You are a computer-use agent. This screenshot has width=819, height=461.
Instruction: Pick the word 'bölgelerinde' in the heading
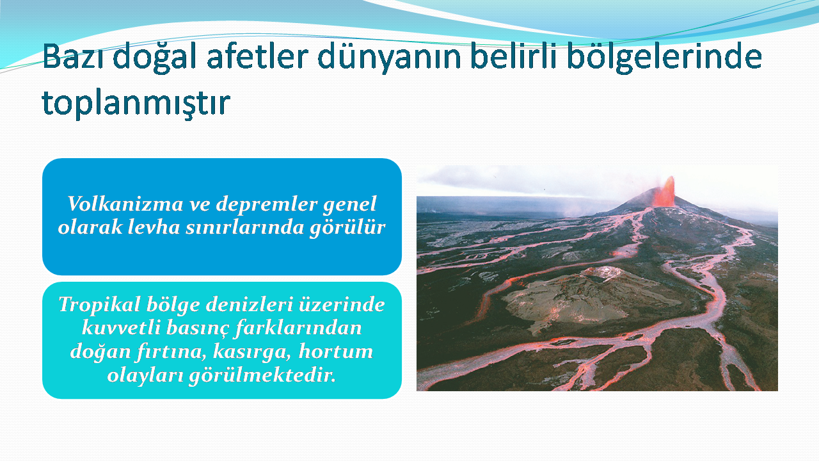click(664, 58)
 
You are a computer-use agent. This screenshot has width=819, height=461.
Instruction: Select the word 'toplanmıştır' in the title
click(136, 104)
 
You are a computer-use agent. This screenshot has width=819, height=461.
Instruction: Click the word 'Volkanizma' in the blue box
click(125, 204)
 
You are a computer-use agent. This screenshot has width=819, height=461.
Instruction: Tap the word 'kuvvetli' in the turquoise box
click(121, 328)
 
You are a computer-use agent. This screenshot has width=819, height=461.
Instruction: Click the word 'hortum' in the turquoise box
click(336, 352)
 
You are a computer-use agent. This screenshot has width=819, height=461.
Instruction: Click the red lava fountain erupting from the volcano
click(665, 192)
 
